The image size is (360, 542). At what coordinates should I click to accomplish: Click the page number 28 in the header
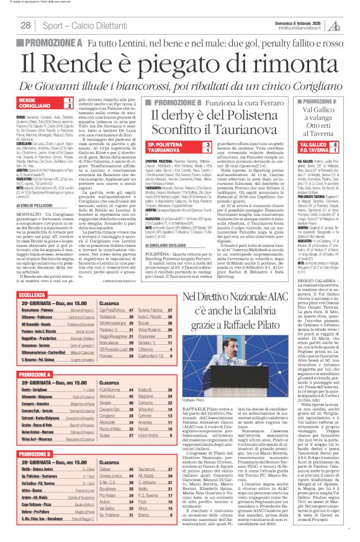(25, 25)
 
